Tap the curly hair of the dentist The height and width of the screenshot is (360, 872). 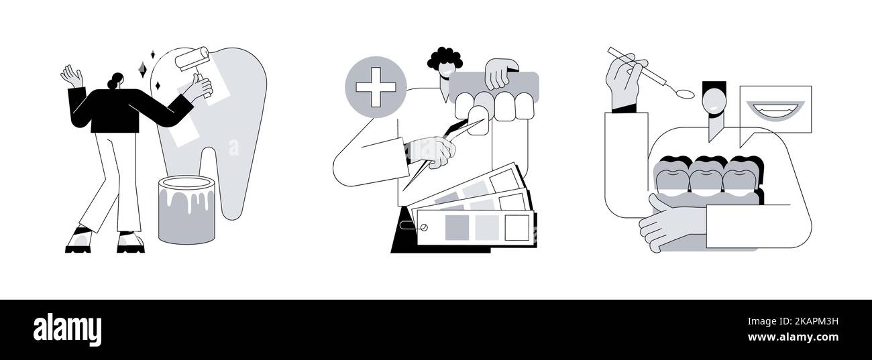[444, 59]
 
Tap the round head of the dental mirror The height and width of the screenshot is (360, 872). [685, 93]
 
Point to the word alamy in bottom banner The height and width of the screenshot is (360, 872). [67, 330]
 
